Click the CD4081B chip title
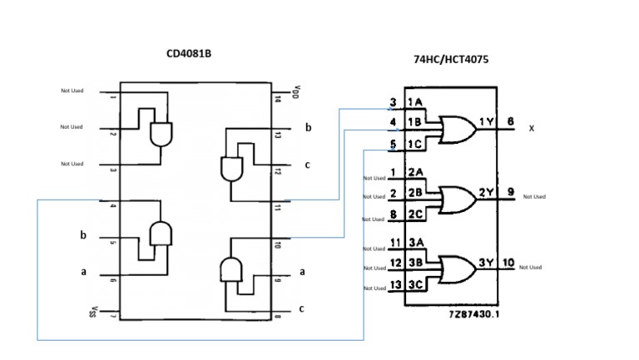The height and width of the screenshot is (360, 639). [189, 54]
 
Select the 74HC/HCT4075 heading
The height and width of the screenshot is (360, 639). [450, 61]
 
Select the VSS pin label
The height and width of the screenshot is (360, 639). [92, 313]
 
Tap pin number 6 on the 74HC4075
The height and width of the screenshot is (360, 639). [509, 122]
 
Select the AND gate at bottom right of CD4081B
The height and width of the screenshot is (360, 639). [230, 270]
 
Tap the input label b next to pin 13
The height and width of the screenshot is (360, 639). [308, 128]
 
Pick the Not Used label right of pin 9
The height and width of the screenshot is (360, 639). [533, 197]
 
